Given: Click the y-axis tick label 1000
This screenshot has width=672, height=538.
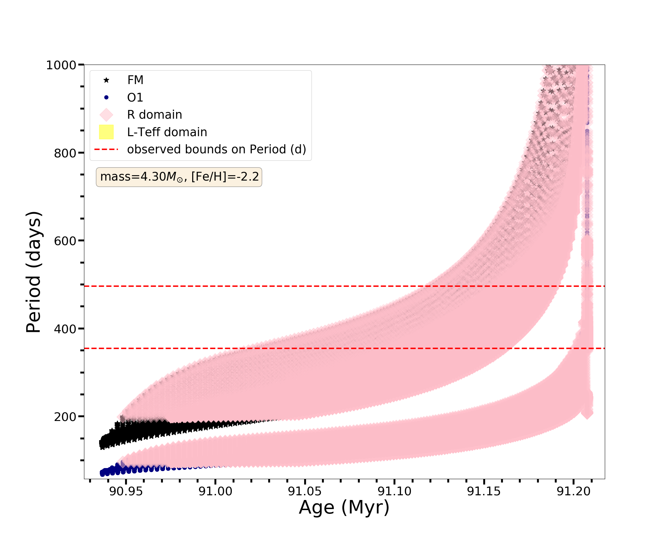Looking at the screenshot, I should (61, 65).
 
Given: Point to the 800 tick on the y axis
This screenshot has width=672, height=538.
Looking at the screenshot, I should (65, 153).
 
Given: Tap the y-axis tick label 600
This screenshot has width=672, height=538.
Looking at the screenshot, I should (65, 241).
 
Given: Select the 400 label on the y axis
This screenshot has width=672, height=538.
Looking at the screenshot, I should (65, 329).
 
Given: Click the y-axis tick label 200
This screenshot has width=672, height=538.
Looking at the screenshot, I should (65, 417).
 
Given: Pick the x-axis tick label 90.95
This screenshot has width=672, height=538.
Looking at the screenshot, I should (126, 492).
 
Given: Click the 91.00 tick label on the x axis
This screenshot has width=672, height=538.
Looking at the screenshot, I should (215, 492).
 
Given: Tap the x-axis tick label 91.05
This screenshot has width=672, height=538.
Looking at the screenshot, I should (305, 492).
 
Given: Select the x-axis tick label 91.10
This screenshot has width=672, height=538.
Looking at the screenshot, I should (394, 492).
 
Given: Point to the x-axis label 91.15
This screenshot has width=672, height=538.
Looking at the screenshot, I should (484, 492).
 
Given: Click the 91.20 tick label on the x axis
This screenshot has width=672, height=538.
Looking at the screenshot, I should (574, 492).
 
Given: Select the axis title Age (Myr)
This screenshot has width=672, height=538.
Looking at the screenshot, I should (344, 508).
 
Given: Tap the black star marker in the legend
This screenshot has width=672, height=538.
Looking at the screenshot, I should (106, 80).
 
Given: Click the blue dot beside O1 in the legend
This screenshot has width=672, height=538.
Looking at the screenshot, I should (106, 98).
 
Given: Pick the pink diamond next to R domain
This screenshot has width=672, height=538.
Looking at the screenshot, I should (106, 115).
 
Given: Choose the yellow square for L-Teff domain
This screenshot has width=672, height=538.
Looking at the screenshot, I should (106, 132).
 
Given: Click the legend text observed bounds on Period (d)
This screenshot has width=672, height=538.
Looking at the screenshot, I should (216, 149).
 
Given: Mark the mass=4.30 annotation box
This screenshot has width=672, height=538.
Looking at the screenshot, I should (179, 177).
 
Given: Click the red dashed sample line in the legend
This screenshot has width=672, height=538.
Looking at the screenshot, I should (106, 149).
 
